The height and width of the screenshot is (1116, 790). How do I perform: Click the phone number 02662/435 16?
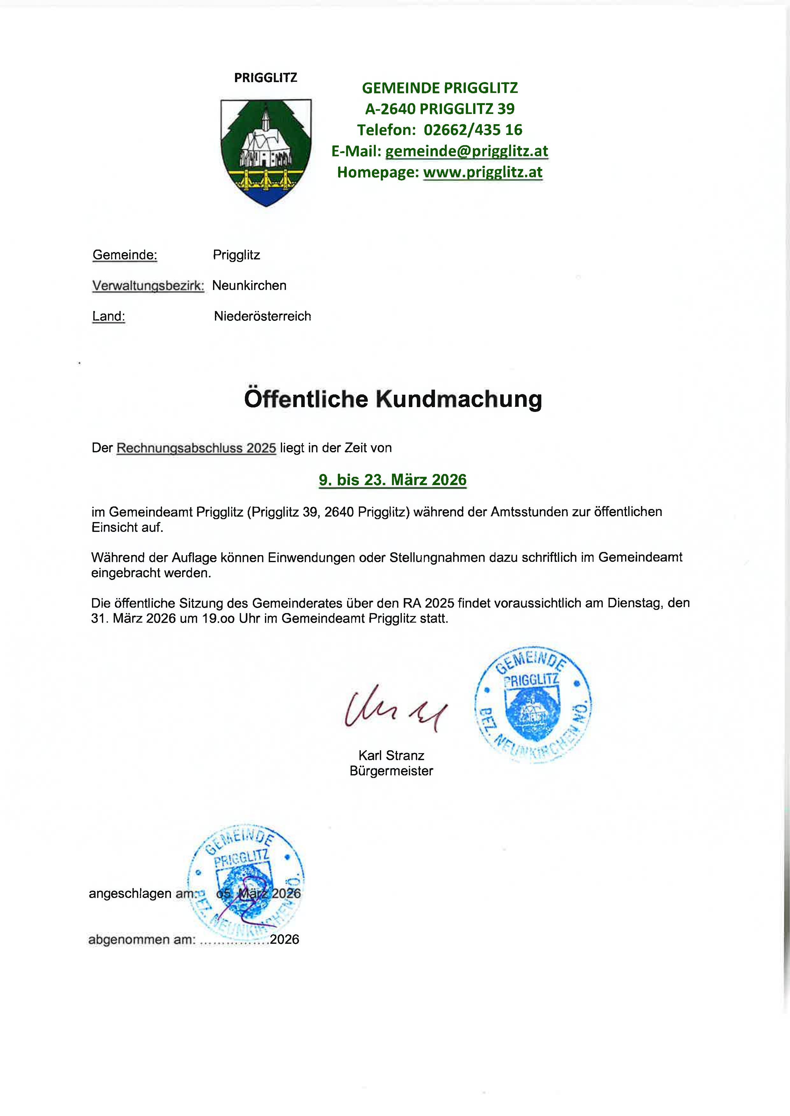point(473,130)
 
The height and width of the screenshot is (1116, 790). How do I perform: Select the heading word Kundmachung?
point(459,399)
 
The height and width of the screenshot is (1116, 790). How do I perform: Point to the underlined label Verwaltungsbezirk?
point(148,286)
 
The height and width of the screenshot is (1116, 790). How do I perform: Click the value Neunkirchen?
point(249,286)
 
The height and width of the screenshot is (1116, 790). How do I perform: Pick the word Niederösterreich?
point(262,317)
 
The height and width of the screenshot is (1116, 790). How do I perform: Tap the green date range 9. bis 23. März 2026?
point(393,480)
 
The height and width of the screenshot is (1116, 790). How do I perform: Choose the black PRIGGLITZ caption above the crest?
point(266,78)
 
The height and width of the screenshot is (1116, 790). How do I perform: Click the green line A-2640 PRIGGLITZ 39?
point(440,109)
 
